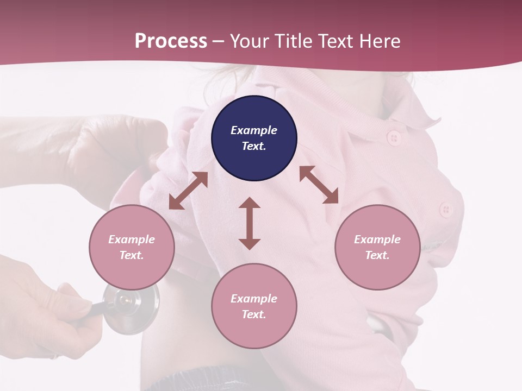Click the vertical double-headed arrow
(x=250, y=223)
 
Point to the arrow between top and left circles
(x=188, y=191)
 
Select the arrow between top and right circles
(x=319, y=185)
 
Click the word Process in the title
(x=171, y=41)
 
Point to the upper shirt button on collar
(x=393, y=138)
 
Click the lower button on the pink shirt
(x=446, y=209)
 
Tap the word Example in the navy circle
(x=254, y=130)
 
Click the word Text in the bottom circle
(x=254, y=314)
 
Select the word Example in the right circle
(x=377, y=239)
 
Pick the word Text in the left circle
(x=132, y=255)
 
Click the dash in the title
(x=219, y=41)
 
